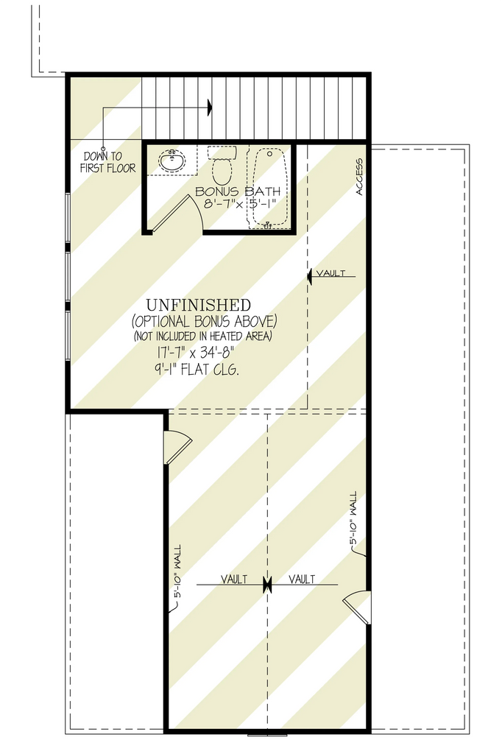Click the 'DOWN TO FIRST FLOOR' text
[107, 162]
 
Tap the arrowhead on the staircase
[210, 108]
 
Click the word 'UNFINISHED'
[199, 305]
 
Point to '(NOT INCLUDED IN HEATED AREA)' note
[202, 337]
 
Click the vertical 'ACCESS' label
[359, 177]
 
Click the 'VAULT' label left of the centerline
[233, 579]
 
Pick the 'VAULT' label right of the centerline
[302, 579]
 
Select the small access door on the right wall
[358, 605]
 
